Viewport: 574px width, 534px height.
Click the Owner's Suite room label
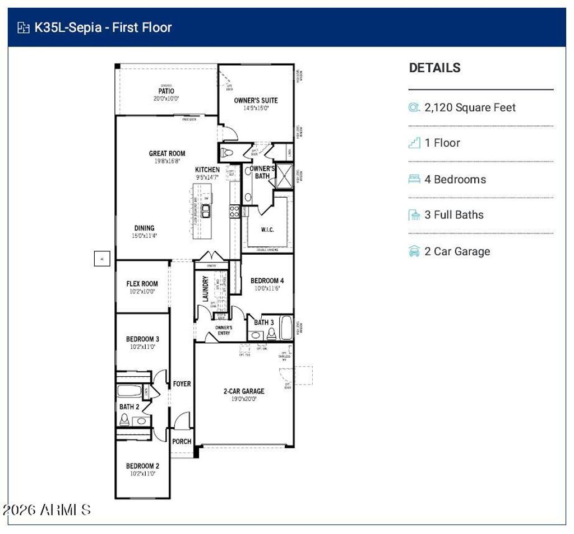pyautogui.click(x=256, y=101)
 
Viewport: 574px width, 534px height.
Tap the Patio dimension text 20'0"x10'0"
pyautogui.click(x=166, y=99)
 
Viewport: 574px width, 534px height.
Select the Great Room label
pyautogui.click(x=166, y=153)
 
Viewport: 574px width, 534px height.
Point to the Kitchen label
pyautogui.click(x=207, y=170)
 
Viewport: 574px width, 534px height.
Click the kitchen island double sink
pyautogui.click(x=206, y=210)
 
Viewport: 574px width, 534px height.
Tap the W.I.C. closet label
pyautogui.click(x=267, y=230)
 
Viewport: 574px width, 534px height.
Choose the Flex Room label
pyautogui.click(x=142, y=284)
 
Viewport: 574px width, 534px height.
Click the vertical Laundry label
pyautogui.click(x=205, y=289)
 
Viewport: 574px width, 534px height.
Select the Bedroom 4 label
pyautogui.click(x=267, y=280)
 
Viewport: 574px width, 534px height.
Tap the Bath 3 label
pyautogui.click(x=263, y=322)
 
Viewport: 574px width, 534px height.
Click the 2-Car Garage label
pyautogui.click(x=244, y=391)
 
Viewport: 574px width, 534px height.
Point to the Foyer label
pyautogui.click(x=182, y=384)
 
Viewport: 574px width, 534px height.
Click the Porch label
pyautogui.click(x=182, y=442)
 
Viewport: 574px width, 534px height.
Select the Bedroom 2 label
pyautogui.click(x=142, y=466)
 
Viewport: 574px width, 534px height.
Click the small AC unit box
pyautogui.click(x=102, y=259)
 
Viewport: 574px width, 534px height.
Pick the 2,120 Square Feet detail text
pyautogui.click(x=470, y=107)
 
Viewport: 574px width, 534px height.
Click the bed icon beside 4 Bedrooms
pyautogui.click(x=414, y=179)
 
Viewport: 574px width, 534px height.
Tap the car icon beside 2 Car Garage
pyautogui.click(x=414, y=251)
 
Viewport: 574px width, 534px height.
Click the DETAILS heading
pyautogui.click(x=434, y=68)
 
